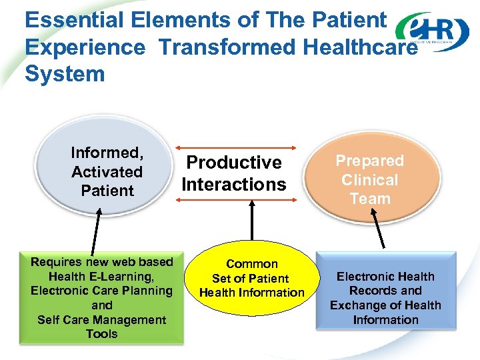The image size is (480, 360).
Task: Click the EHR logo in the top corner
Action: point(432,31)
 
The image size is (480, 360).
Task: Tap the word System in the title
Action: point(65,73)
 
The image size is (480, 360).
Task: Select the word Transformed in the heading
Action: point(227,47)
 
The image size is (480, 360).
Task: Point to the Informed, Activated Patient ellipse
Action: point(107,171)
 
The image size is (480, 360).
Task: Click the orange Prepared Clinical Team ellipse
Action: point(369,179)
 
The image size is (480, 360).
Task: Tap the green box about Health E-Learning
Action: point(101,297)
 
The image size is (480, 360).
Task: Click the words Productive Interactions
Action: point(234,173)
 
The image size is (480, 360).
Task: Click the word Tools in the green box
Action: point(101,334)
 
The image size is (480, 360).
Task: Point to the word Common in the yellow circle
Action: point(252,264)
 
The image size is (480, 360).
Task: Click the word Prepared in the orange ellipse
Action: point(369,161)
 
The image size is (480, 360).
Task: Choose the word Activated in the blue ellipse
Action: point(107,171)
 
